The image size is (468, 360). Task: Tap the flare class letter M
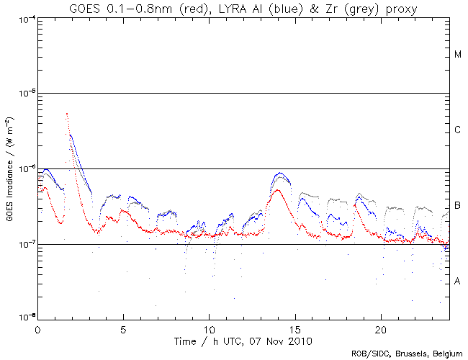[458, 55]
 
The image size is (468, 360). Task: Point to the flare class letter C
[458, 130]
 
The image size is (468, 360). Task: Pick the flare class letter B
[458, 207]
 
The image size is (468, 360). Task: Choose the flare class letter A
[458, 282]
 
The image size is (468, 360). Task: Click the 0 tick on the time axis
[37, 328]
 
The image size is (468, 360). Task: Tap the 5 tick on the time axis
[123, 328]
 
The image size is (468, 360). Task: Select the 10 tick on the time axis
[209, 328]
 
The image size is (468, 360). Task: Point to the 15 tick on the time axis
[294, 328]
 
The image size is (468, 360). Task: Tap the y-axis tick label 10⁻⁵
[24, 93]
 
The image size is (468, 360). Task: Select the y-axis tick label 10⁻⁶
[24, 168]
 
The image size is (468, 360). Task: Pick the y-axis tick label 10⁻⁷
[24, 244]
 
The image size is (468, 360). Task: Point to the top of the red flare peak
[67, 113]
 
